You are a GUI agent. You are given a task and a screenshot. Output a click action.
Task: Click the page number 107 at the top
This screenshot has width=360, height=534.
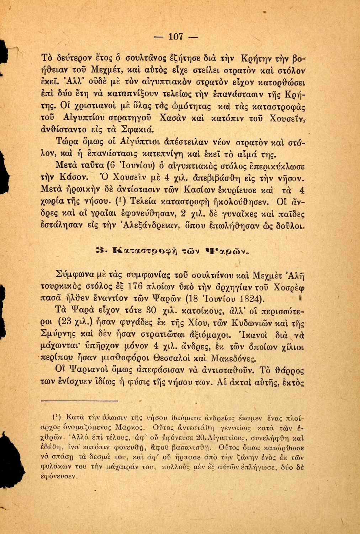tap(175, 37)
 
